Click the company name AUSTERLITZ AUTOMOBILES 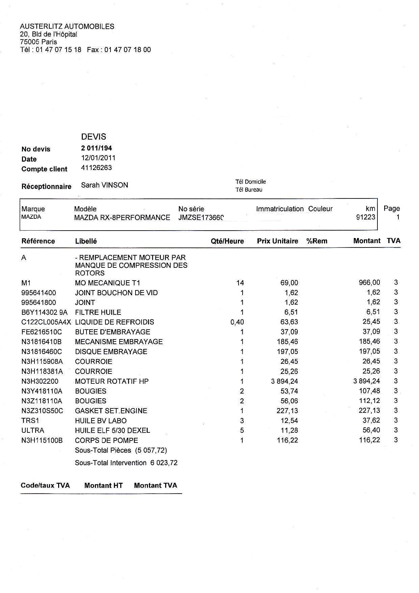[x=67, y=26]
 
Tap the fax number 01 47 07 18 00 [x=128, y=50]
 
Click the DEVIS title [x=94, y=137]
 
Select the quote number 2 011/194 [x=97, y=148]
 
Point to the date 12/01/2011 [x=98, y=158]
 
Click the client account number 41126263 [x=96, y=168]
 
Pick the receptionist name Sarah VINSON [x=105, y=185]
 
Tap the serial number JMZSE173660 [x=201, y=217]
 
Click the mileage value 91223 [x=366, y=217]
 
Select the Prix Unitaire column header [x=277, y=241]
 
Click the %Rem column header [x=317, y=241]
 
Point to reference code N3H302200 [x=40, y=381]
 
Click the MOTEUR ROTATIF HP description [x=112, y=381]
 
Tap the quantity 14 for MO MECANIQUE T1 [x=240, y=283]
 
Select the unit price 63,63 [x=289, y=322]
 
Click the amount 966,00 [x=369, y=282]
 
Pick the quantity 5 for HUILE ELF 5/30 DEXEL [x=242, y=430]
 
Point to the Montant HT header [x=103, y=485]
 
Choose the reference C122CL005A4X [x=46, y=322]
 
